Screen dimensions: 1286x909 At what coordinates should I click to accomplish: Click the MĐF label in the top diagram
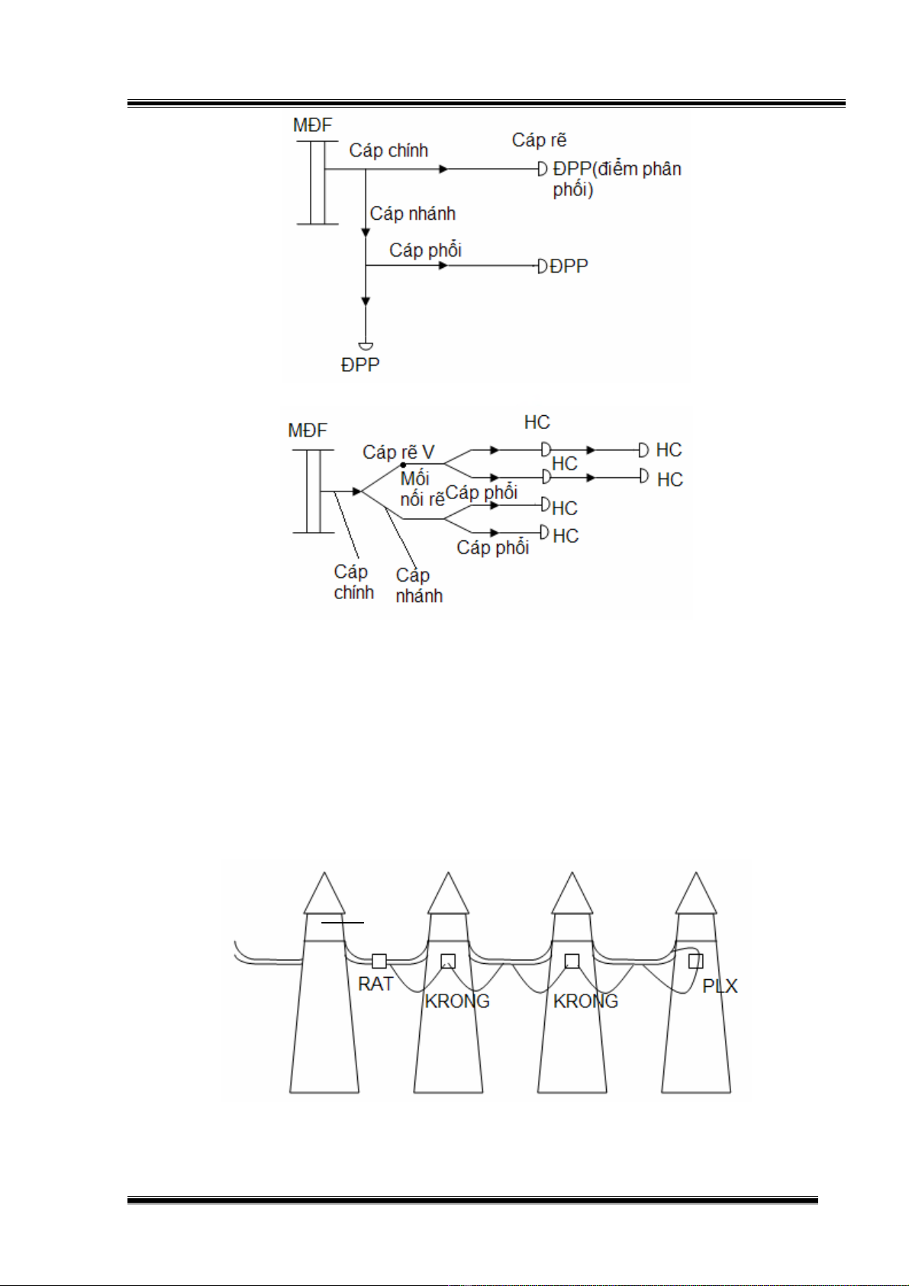(312, 125)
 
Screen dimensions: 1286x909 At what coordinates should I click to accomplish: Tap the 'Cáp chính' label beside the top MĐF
(388, 150)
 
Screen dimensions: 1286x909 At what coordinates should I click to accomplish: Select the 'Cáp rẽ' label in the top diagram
(539, 140)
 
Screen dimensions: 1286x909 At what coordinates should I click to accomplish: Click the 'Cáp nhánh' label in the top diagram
(412, 214)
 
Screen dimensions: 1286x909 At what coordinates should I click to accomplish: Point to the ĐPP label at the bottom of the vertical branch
(359, 365)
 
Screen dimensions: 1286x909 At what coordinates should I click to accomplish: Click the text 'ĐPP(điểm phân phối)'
(616, 179)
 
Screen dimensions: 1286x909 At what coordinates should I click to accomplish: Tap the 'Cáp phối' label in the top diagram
(425, 250)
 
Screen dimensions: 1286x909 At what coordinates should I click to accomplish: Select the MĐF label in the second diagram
(307, 430)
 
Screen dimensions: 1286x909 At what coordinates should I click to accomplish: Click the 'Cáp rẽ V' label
(398, 453)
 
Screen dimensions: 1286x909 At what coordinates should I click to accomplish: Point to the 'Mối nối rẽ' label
(421, 489)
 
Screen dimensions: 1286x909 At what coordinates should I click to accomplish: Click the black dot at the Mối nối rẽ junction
(404, 464)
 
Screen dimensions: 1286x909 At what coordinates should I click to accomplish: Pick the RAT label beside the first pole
(376, 984)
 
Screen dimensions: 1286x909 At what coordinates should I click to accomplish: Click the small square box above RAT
(379, 961)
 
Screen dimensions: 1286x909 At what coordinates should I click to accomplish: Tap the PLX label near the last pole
(720, 986)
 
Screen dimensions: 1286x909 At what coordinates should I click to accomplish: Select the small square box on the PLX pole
(695, 961)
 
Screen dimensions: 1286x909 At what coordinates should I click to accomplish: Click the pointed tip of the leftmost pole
(324, 875)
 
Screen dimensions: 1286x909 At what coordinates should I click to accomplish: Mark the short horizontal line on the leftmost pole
(342, 922)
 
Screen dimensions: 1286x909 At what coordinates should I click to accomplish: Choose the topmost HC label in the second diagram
(537, 422)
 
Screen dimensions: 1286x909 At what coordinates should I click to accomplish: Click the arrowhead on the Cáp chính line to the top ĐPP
(444, 169)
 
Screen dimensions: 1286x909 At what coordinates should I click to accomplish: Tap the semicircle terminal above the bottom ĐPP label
(366, 346)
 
